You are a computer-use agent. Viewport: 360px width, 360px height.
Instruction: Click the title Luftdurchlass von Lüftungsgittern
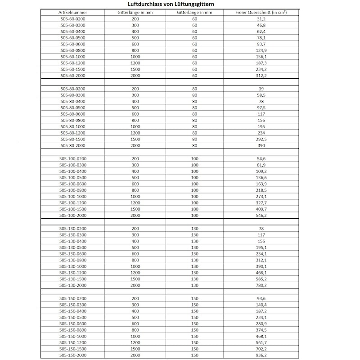coord(180,4)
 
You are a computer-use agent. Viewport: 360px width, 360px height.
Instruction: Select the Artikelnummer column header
coord(72,12)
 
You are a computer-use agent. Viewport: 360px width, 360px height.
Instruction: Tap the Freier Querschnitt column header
coord(261,12)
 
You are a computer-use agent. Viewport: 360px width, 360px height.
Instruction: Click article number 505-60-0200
coord(72,19)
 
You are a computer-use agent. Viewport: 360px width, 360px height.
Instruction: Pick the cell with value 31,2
coord(261,19)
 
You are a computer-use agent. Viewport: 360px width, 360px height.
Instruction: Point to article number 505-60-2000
coord(72,76)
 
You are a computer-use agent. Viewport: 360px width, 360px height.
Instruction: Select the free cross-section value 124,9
coord(261,50)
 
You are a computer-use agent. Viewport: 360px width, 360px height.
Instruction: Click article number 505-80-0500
coord(72,108)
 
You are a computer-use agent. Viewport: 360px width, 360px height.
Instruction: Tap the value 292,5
coord(261,139)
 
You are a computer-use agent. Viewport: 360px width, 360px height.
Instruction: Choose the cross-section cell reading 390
coord(261,146)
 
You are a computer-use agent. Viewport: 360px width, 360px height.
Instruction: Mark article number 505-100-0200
coord(72,159)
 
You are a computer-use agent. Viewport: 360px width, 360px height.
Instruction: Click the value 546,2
coord(261,216)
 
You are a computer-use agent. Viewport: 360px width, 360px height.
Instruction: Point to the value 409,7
coord(261,209)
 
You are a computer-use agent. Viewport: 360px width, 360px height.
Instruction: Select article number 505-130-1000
coord(72,266)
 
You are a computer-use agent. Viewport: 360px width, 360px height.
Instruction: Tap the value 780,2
coord(261,285)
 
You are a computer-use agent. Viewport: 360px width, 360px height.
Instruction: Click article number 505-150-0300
coord(72,305)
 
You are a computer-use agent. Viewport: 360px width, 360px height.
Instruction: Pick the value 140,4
coord(261,305)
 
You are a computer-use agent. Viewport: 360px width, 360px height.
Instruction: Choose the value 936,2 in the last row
coord(261,355)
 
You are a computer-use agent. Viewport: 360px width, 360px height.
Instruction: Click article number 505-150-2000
coord(72,355)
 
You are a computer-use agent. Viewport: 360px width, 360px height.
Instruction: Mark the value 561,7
coord(261,342)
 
